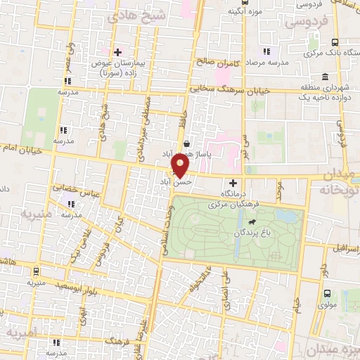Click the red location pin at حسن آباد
coord(180,166)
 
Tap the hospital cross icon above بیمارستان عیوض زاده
coord(117,52)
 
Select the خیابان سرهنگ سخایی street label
coord(238,89)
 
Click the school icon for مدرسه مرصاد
coord(266,51)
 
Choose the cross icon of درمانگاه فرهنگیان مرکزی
coord(233,183)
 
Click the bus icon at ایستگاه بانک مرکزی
coord(335,43)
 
